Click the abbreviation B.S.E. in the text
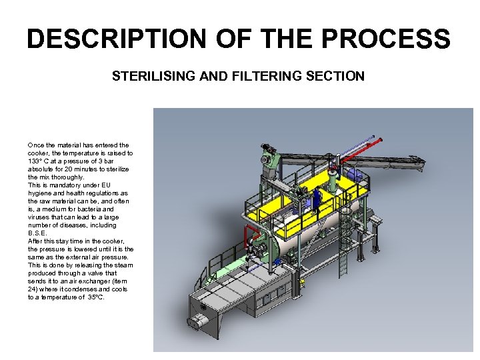tap(37, 233)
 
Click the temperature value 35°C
tap(96, 297)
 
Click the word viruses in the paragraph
tap(39, 217)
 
